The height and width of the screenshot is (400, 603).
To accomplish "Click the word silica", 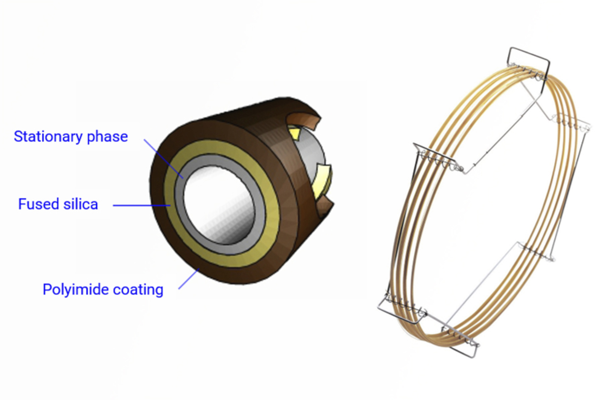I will [81, 204].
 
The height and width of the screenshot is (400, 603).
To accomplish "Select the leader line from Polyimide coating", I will [188, 279].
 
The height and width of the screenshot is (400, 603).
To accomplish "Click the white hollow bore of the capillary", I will [219, 204].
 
